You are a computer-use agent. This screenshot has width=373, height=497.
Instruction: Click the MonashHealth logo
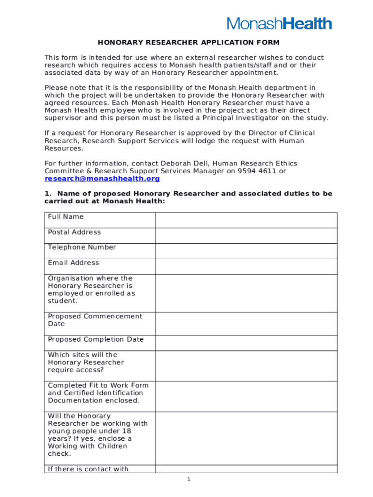pos(280,23)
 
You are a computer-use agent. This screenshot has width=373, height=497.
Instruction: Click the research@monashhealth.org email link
pos(102,179)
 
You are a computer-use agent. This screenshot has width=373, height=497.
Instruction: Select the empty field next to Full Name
pos(246,220)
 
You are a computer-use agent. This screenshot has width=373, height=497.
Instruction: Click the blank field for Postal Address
pos(246,235)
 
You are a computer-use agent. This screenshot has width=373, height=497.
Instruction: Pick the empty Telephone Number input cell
pos(246,251)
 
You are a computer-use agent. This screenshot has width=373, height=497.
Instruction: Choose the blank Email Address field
pos(246,266)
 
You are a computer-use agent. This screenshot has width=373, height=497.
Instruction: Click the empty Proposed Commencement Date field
pos(246,324)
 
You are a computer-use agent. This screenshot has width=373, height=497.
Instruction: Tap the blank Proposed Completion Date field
pos(246,343)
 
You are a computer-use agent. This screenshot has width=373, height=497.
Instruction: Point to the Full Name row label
pos(65,216)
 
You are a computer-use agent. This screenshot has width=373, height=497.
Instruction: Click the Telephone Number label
pos(82,247)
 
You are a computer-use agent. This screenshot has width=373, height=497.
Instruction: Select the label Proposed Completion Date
pos(95,339)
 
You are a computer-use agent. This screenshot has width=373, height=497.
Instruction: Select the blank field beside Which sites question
pos(246,365)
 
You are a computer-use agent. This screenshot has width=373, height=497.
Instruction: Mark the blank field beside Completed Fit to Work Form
pos(246,396)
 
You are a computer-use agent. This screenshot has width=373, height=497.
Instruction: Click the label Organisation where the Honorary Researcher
pos(91,289)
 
